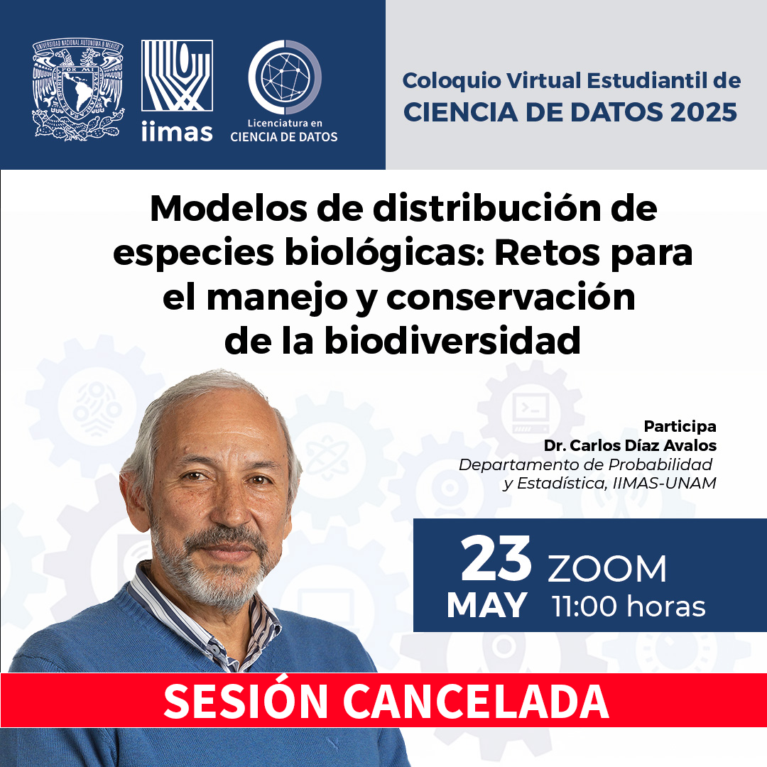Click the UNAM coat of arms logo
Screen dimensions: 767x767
(78, 89)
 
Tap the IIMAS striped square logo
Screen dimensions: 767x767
(177, 75)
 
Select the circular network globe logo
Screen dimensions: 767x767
(285, 77)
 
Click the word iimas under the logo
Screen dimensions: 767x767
(177, 131)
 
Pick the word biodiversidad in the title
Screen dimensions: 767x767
(452, 340)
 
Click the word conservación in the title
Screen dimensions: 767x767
(511, 297)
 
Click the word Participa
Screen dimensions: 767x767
(680, 426)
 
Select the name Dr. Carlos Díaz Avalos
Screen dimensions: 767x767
(630, 445)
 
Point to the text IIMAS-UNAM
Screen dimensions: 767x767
(664, 484)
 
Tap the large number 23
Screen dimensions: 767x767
(496, 558)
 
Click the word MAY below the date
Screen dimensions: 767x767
(486, 606)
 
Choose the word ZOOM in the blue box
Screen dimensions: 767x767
(606, 569)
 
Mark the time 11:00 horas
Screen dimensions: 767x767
(629, 606)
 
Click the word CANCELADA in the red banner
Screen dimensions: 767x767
(475, 701)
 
